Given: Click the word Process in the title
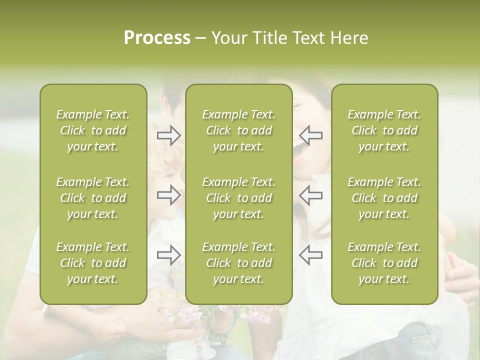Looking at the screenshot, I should [157, 38].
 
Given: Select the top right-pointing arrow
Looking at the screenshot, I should [169, 135].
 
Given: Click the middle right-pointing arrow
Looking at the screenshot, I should [169, 195].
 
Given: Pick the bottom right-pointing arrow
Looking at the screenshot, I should [169, 255].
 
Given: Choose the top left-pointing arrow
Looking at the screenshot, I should [310, 135].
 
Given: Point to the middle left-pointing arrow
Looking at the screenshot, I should [310, 195].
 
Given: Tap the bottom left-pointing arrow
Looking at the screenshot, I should [310, 254].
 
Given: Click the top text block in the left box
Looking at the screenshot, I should [93, 130].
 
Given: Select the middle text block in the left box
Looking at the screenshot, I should [93, 198].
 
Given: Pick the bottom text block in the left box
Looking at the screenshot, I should [93, 263].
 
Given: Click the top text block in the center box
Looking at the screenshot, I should [239, 130].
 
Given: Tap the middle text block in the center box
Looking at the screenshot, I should [239, 198].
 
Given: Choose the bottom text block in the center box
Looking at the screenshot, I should [239, 263].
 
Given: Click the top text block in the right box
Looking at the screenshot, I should [384, 130].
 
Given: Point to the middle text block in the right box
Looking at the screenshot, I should [384, 198].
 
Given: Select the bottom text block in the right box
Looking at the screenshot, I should [384, 263].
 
